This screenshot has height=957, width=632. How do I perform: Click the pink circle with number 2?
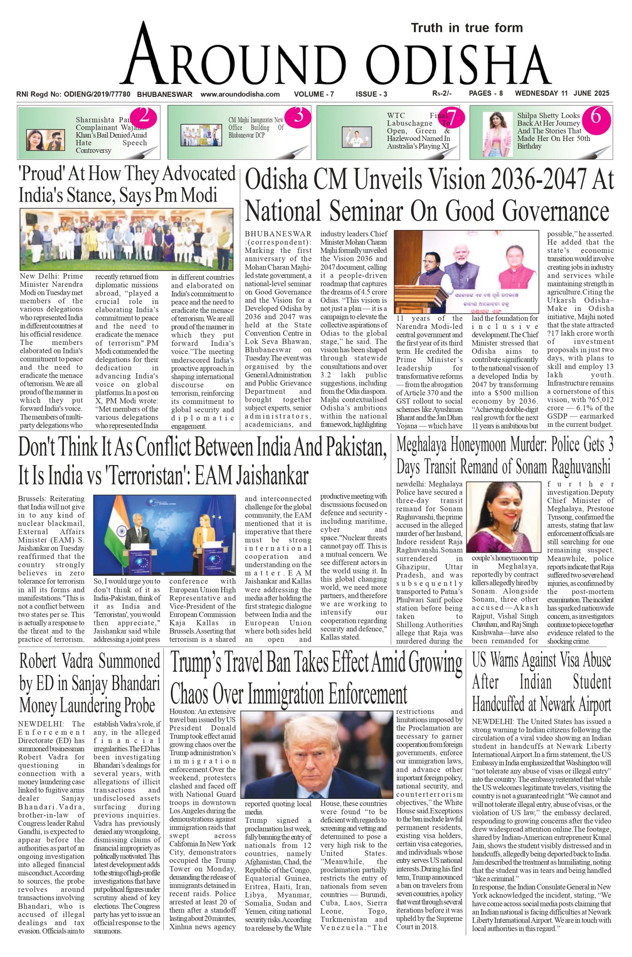click(144, 117)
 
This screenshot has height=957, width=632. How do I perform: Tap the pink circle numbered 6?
click(596, 117)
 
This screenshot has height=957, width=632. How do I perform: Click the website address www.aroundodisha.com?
click(240, 94)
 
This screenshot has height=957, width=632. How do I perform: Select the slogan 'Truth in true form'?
click(467, 28)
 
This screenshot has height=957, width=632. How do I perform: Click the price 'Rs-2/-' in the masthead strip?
click(442, 94)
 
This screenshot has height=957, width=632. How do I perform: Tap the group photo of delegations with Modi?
click(127, 240)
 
